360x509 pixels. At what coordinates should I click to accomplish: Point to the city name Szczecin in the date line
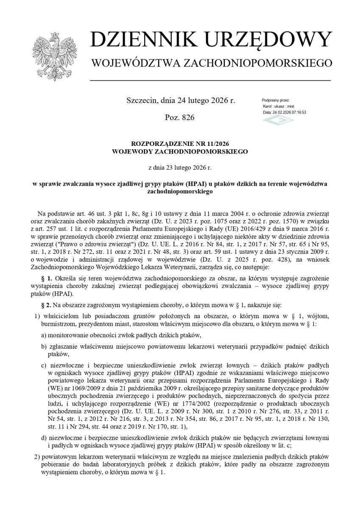click(x=142, y=101)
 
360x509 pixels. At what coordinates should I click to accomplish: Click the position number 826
click(x=187, y=117)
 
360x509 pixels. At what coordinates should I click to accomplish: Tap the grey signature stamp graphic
click(x=278, y=120)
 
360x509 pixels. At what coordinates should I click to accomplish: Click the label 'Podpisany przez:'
click(x=276, y=100)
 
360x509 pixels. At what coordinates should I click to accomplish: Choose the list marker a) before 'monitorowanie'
click(x=44, y=335)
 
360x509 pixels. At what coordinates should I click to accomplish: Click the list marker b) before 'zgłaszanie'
click(x=44, y=347)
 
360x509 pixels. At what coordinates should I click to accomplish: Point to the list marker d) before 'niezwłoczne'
click(x=44, y=437)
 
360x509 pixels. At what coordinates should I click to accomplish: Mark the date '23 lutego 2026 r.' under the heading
click(x=185, y=168)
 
